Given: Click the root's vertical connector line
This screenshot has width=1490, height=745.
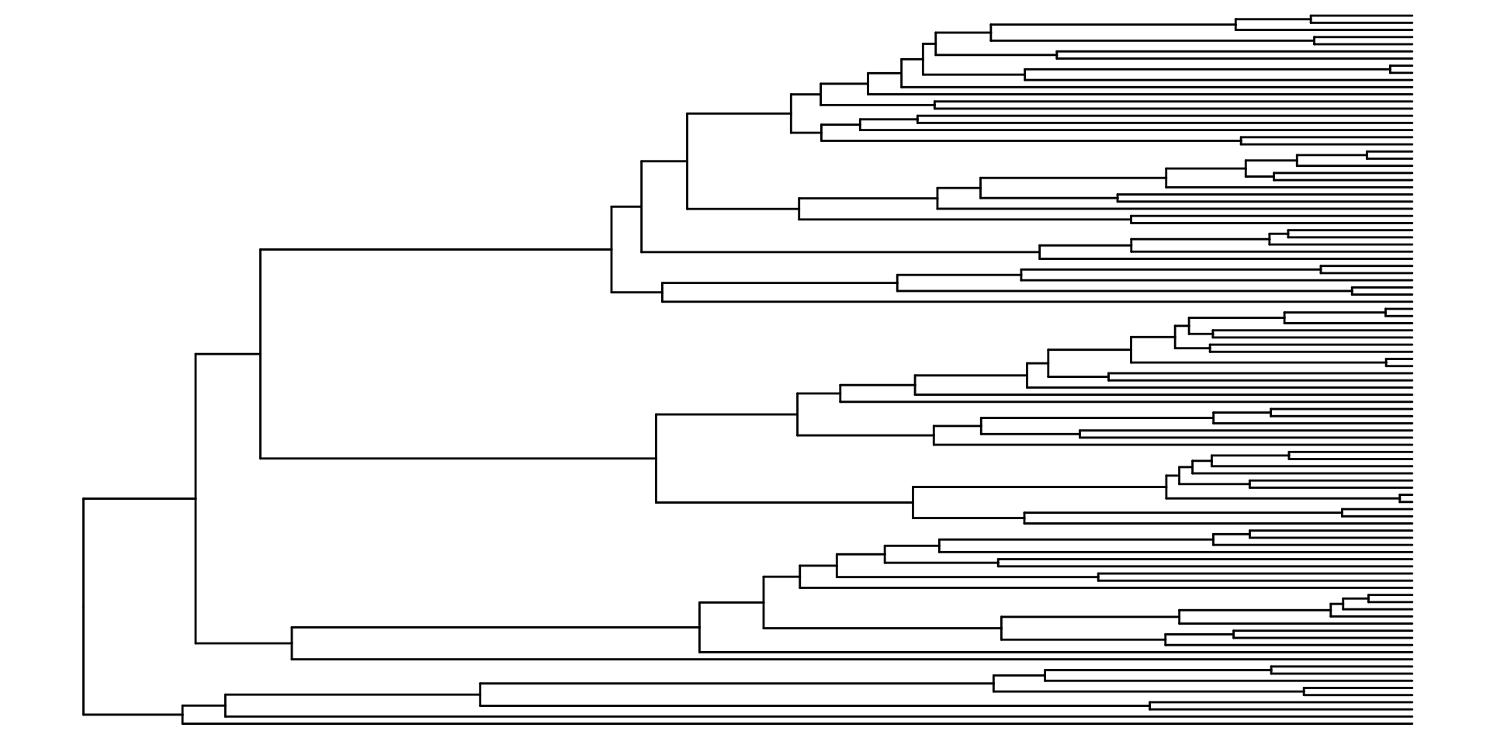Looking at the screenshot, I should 83,605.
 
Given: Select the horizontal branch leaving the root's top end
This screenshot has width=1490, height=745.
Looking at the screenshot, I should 140,498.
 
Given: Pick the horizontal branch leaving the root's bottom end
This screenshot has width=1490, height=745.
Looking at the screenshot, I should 132,714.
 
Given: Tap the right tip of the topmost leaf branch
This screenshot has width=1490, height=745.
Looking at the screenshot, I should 1412,15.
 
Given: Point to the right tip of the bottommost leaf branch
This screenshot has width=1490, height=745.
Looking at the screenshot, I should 1412,723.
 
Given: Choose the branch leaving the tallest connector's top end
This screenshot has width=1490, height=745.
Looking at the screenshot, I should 227,354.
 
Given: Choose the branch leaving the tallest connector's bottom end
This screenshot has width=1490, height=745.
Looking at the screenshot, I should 243,643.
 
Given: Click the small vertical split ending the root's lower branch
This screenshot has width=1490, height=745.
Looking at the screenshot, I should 182,714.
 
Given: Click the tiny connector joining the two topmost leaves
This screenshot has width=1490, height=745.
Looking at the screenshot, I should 1311,19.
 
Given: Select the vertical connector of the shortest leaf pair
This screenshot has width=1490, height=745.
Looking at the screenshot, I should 1400,498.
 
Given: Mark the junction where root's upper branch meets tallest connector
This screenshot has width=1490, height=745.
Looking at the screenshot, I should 196,498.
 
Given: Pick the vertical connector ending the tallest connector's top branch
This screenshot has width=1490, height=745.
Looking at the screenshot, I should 260,354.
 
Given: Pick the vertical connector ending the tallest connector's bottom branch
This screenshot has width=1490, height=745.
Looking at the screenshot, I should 292,643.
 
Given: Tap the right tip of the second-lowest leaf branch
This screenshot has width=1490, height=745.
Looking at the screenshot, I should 1412,716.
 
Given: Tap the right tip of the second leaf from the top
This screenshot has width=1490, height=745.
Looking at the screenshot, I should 1412,23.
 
